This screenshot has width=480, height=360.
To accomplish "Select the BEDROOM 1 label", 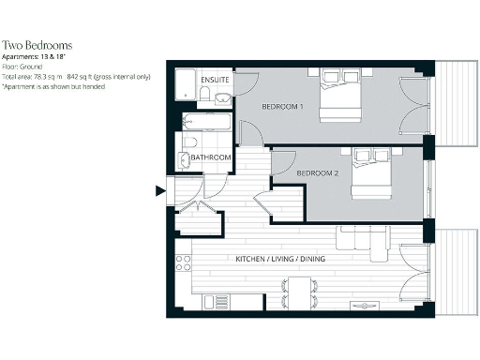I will click(x=282, y=107).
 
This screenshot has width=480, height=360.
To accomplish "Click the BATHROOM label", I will click(x=211, y=157).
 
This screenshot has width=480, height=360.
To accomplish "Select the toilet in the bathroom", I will click(x=189, y=142).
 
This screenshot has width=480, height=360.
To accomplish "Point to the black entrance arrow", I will click(x=159, y=191).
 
